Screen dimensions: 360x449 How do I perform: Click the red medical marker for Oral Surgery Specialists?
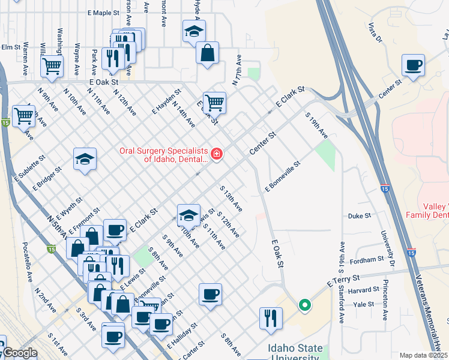point(215,155)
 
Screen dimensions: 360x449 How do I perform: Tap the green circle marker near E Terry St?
point(305,305)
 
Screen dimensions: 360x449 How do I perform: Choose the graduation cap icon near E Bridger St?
point(85,159)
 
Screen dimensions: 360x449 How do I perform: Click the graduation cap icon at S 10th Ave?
point(188,215)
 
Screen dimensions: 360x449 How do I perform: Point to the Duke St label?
point(357,216)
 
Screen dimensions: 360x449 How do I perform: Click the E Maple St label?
point(104,12)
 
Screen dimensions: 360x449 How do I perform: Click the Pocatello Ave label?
point(28,262)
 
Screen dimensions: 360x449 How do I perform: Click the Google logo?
point(19,353)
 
